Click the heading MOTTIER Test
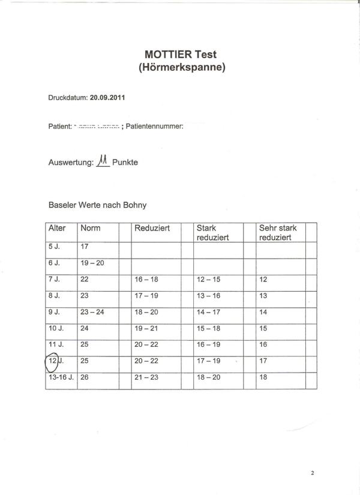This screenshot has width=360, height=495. point(182,55)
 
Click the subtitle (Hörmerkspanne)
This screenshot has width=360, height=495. point(182,68)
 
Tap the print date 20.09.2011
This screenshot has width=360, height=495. point(107,96)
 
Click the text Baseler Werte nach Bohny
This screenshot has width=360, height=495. point(97,205)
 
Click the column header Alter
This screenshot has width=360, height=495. point(57,229)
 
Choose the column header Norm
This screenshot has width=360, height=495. point(90,229)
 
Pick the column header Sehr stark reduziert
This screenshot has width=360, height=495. point(278,233)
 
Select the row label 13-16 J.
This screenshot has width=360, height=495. point(60,377)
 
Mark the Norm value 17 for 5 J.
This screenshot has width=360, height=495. point(85,246)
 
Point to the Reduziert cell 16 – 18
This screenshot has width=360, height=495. point(147,280)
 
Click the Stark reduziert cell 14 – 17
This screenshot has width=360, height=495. point(209,312)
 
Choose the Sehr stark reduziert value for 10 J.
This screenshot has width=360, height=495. point(263,328)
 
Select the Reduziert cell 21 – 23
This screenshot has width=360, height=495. point(147,377)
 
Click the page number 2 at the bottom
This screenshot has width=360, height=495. point(313,472)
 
